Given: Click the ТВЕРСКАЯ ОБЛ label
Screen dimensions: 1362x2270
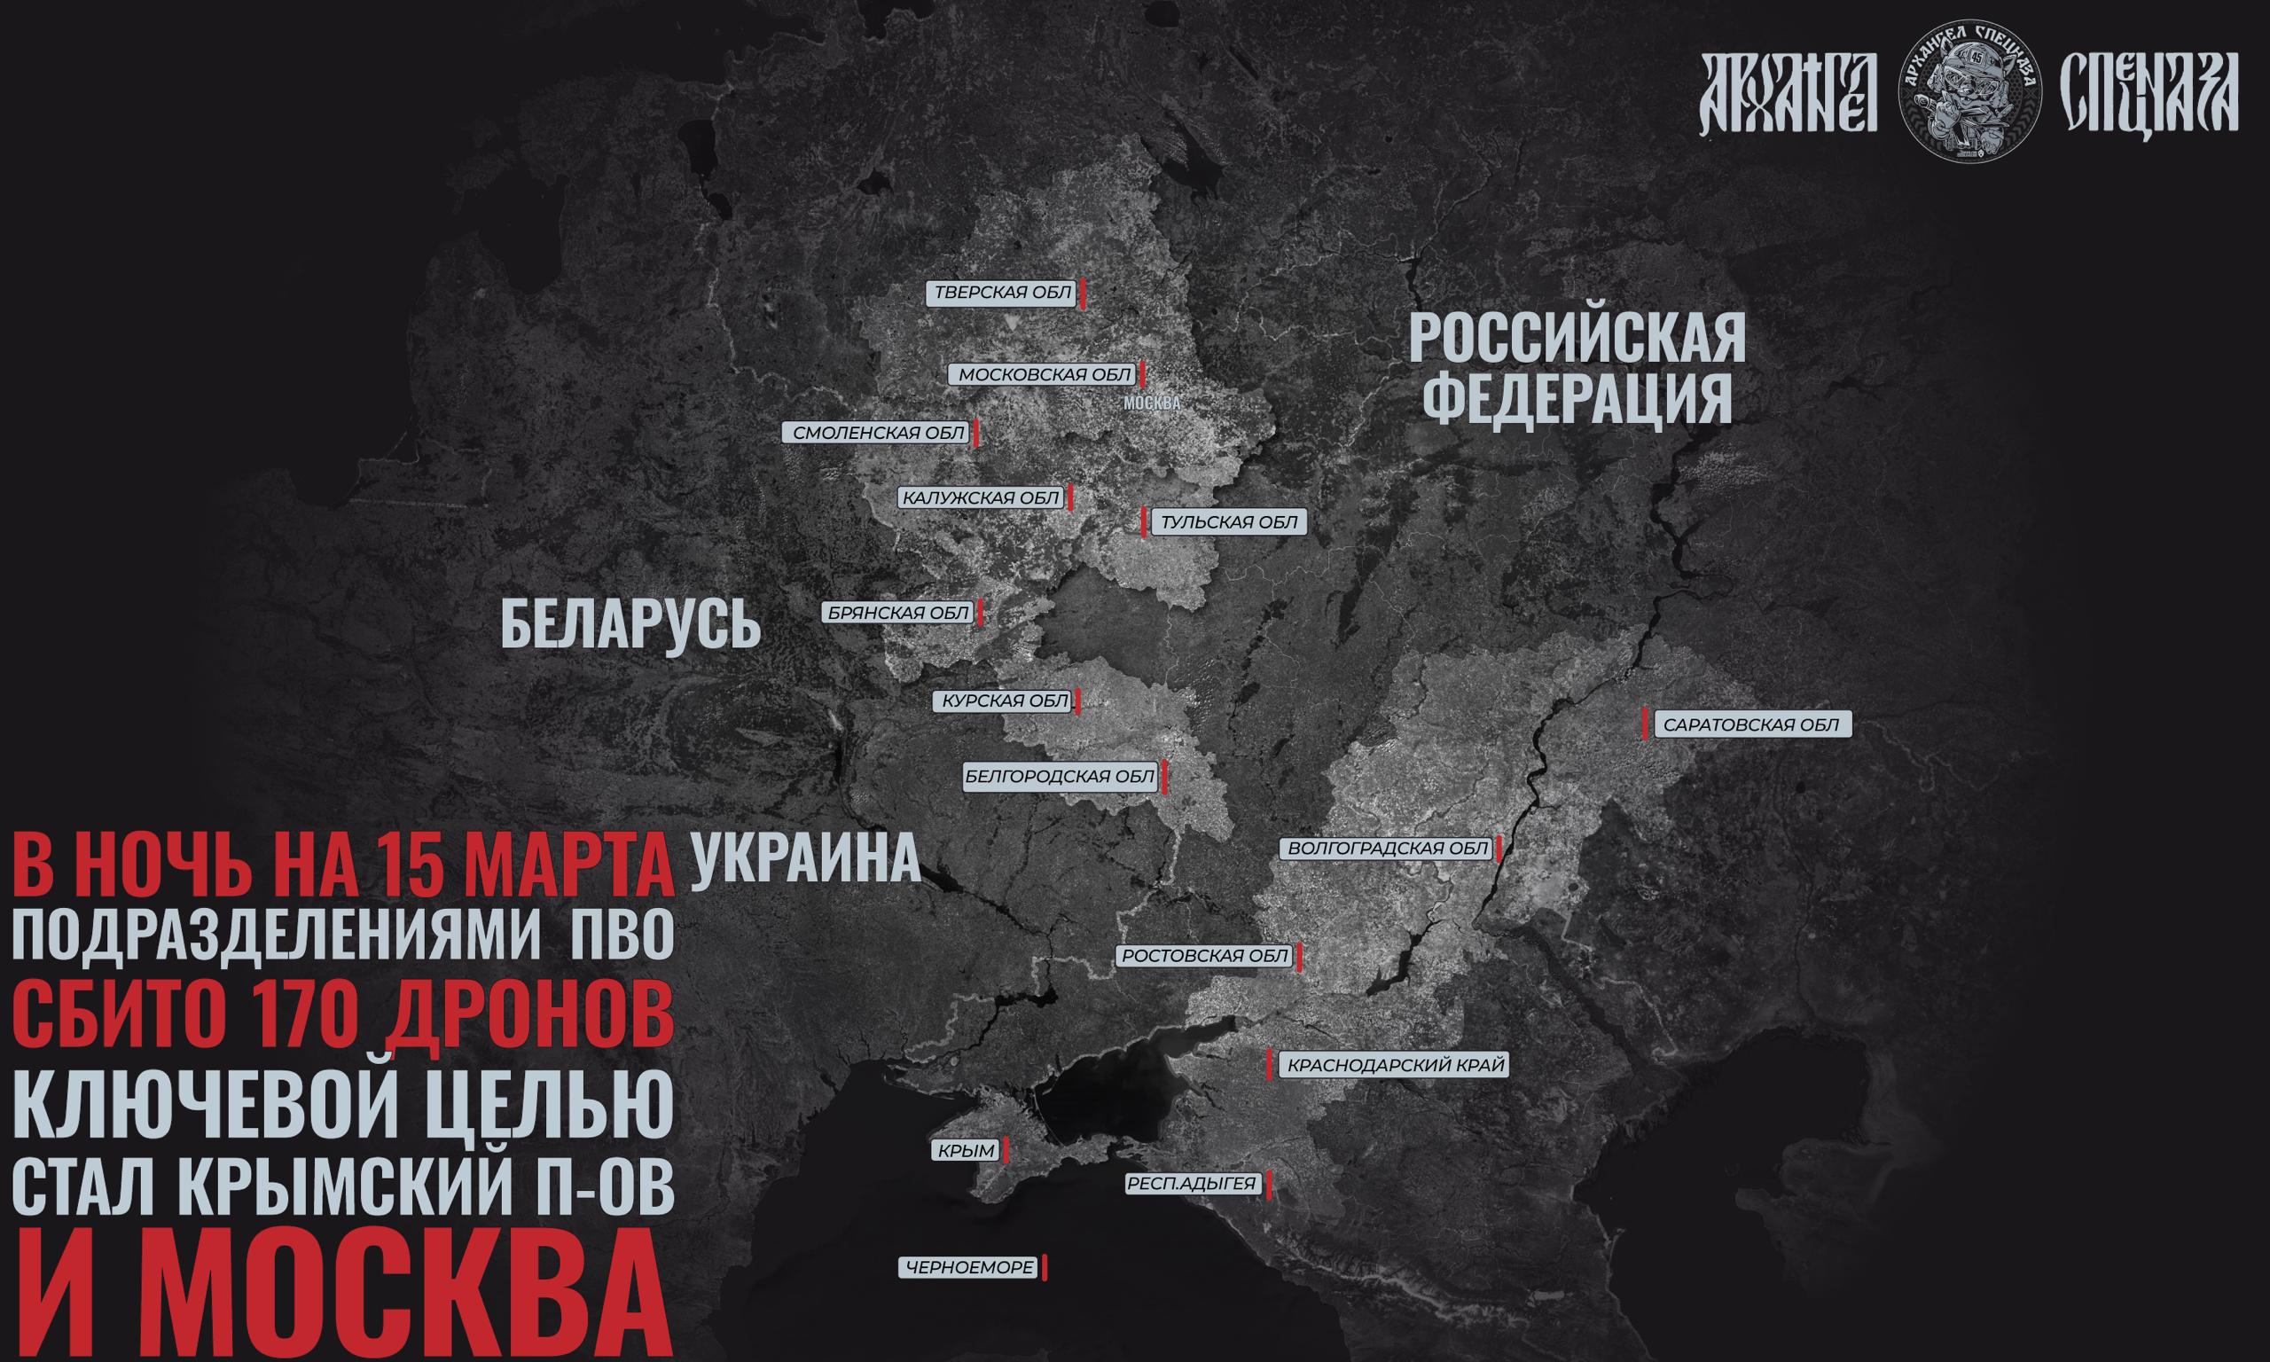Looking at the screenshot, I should tap(1002, 293).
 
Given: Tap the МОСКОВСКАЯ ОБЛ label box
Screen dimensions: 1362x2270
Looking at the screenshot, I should tap(1045, 374).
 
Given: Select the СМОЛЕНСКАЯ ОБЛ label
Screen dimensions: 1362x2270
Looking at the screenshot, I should tap(878, 433).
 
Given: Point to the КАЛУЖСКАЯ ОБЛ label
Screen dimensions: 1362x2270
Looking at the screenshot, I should tap(980, 497).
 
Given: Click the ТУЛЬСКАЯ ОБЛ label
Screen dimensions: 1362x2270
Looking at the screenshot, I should tap(1229, 522).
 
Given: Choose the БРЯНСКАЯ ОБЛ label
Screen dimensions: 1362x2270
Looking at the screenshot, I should tap(898, 612).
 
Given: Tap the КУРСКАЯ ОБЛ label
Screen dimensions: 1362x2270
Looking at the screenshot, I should tap(1003, 701).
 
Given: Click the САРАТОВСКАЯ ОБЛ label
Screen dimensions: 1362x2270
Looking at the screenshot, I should tap(1750, 724).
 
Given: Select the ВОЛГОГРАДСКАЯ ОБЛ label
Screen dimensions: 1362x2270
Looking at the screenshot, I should tap(1388, 849).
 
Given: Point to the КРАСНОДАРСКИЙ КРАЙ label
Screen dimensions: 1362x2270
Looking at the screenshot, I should tap(1396, 1066).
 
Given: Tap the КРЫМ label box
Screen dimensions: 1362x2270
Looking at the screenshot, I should tap(967, 1150).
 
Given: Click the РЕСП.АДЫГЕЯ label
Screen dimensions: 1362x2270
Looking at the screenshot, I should tap(1191, 1184).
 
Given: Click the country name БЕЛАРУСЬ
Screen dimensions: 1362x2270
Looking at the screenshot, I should tap(631, 626).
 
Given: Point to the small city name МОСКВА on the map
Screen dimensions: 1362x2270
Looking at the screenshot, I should tap(1151, 402).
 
